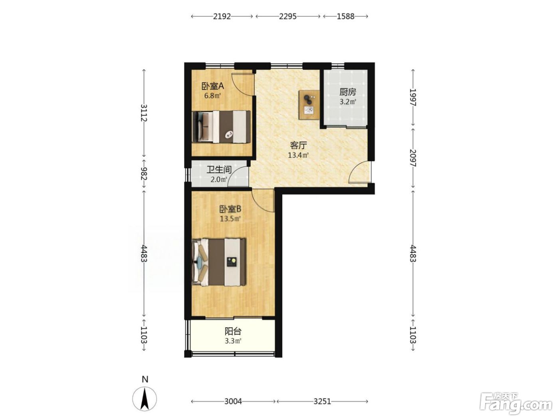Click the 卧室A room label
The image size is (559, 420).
pos(213,86)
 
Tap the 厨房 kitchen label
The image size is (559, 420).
pos(348,92)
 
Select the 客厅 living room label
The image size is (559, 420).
pos(298,145)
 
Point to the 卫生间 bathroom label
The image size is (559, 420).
pos(219,170)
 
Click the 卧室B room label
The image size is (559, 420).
pos(230,209)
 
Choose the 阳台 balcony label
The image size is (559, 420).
pos(233,331)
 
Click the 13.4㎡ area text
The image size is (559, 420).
pos(298,155)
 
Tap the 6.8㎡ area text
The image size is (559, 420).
pos(213,96)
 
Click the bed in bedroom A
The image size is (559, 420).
pos(221,126)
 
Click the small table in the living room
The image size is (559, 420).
pos(309,104)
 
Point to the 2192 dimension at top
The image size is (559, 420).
pos(222,16)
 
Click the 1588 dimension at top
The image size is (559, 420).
pos(346,16)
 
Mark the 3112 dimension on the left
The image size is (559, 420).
pos(144,113)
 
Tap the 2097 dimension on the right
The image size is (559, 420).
pos(413,158)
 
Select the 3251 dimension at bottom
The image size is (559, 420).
pos(322,401)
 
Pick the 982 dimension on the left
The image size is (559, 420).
pos(144,174)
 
